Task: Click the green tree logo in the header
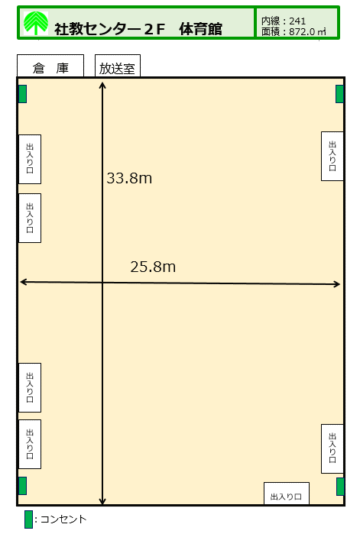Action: click(36, 23)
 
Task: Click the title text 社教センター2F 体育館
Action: click(138, 29)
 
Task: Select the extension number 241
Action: click(297, 21)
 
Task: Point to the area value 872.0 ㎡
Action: click(307, 31)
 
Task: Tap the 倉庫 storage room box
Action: click(50, 66)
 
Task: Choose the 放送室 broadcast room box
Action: click(118, 66)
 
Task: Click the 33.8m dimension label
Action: click(129, 178)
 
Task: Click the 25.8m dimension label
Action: click(153, 267)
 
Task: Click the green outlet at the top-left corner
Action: click(22, 94)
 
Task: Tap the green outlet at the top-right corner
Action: click(339, 94)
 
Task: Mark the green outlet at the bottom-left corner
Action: click(22, 486)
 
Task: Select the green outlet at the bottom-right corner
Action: click(340, 487)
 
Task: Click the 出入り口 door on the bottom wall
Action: click(287, 494)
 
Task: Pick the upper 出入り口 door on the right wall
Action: click(332, 157)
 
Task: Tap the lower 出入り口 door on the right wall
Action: click(332, 449)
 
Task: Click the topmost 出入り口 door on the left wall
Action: click(30, 160)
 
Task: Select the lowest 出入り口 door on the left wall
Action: click(30, 444)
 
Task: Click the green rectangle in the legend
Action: click(28, 519)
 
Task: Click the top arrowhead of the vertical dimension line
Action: click(102, 83)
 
